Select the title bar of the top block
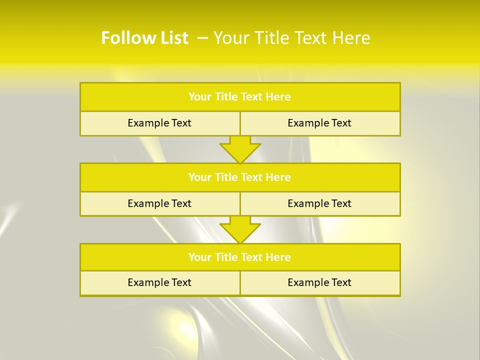240,97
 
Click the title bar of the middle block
240,177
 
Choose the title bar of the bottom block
240,257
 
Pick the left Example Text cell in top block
159,123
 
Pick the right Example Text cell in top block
319,123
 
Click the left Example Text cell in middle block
159,203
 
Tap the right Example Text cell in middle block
319,203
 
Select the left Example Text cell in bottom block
159,282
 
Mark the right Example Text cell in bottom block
319,282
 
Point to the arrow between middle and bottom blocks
240,229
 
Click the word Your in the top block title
200,97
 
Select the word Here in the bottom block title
278,257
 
